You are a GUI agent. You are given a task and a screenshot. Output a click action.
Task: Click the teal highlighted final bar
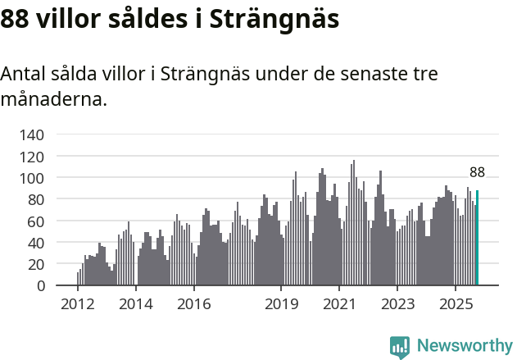[x=477, y=239]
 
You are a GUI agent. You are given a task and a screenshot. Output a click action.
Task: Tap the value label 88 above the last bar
[x=477, y=172]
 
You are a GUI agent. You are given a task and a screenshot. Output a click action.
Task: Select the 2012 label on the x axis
[x=78, y=305]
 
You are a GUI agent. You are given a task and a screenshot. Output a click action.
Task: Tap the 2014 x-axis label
[x=136, y=305]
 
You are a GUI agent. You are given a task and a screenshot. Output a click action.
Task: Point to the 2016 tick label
[x=193, y=305]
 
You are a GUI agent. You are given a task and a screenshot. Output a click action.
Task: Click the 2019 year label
[x=281, y=305]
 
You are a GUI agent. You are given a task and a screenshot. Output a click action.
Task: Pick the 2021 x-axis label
[x=339, y=305]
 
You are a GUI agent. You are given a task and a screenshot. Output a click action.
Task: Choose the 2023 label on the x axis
[x=397, y=305]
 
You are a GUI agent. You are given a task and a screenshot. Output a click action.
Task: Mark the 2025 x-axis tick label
[x=456, y=305]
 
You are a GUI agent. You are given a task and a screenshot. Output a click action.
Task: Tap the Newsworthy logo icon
[x=400, y=347]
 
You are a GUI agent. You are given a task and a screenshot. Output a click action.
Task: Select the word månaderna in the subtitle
[x=53, y=100]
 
